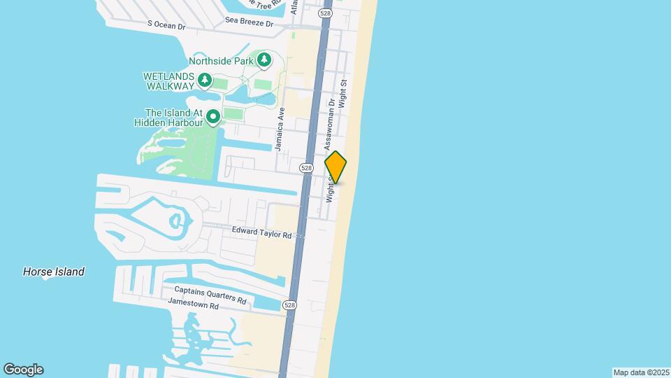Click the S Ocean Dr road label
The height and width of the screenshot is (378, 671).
pyautogui.click(x=166, y=25)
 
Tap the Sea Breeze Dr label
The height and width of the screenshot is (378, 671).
pyautogui.click(x=248, y=22)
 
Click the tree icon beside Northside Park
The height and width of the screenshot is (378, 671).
pyautogui.click(x=264, y=61)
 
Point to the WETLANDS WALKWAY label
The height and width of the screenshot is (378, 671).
pyautogui.click(x=168, y=80)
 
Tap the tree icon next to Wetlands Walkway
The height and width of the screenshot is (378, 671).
pyautogui.click(x=204, y=80)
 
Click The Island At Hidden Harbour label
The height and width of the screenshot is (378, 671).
pyautogui.click(x=173, y=117)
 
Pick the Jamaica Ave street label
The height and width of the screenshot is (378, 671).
pyautogui.click(x=280, y=129)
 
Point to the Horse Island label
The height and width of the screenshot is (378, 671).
pyautogui.click(x=54, y=272)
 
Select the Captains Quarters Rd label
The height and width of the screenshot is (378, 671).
pyautogui.click(x=210, y=295)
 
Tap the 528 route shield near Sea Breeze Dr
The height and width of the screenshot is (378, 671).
pyautogui.click(x=325, y=13)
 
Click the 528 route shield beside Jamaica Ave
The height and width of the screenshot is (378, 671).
pyautogui.click(x=306, y=168)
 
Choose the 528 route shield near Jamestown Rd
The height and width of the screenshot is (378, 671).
pyautogui.click(x=289, y=305)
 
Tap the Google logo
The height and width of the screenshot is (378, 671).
pyautogui.click(x=23, y=370)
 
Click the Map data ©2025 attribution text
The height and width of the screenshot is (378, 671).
pyautogui.click(x=640, y=372)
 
